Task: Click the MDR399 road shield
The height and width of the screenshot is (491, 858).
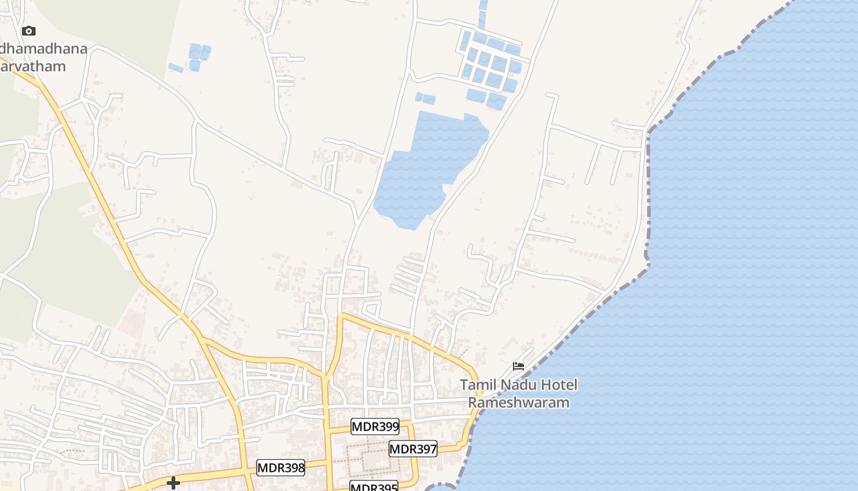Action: coord(375,427)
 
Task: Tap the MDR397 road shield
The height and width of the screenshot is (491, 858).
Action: coord(413,449)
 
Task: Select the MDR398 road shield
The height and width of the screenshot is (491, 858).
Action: coord(281,468)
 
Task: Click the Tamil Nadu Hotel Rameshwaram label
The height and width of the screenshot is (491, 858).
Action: coord(518,393)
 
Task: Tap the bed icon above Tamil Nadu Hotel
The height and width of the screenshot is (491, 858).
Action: coord(518,366)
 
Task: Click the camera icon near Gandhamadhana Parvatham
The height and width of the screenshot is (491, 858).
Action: coord(29,31)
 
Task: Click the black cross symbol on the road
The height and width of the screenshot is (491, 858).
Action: coord(173,483)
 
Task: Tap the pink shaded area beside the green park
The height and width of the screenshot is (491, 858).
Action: coord(131,324)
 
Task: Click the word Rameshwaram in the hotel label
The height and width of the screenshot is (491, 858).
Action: coord(518,403)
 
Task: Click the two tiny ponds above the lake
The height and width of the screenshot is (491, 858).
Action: coord(425,98)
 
